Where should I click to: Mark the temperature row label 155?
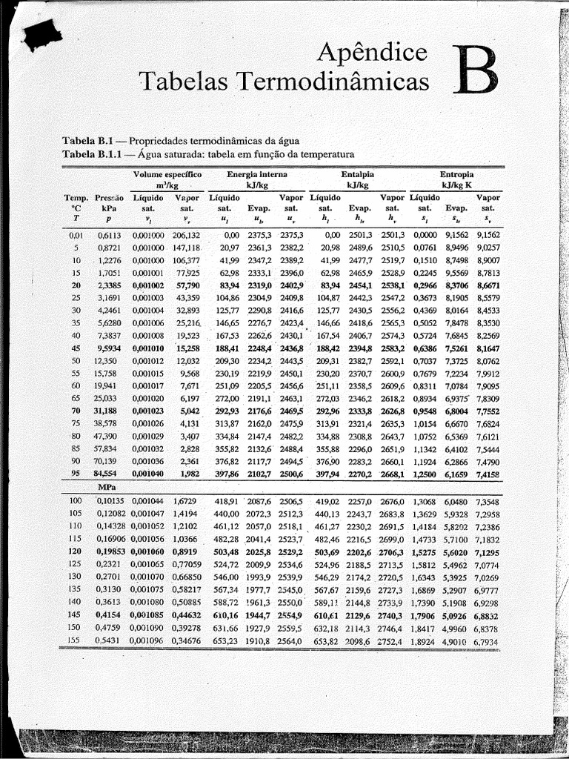[x=74, y=640]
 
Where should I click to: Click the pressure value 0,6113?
[x=109, y=234]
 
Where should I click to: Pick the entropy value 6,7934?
[x=485, y=640]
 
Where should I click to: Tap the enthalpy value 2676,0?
[x=392, y=501]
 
